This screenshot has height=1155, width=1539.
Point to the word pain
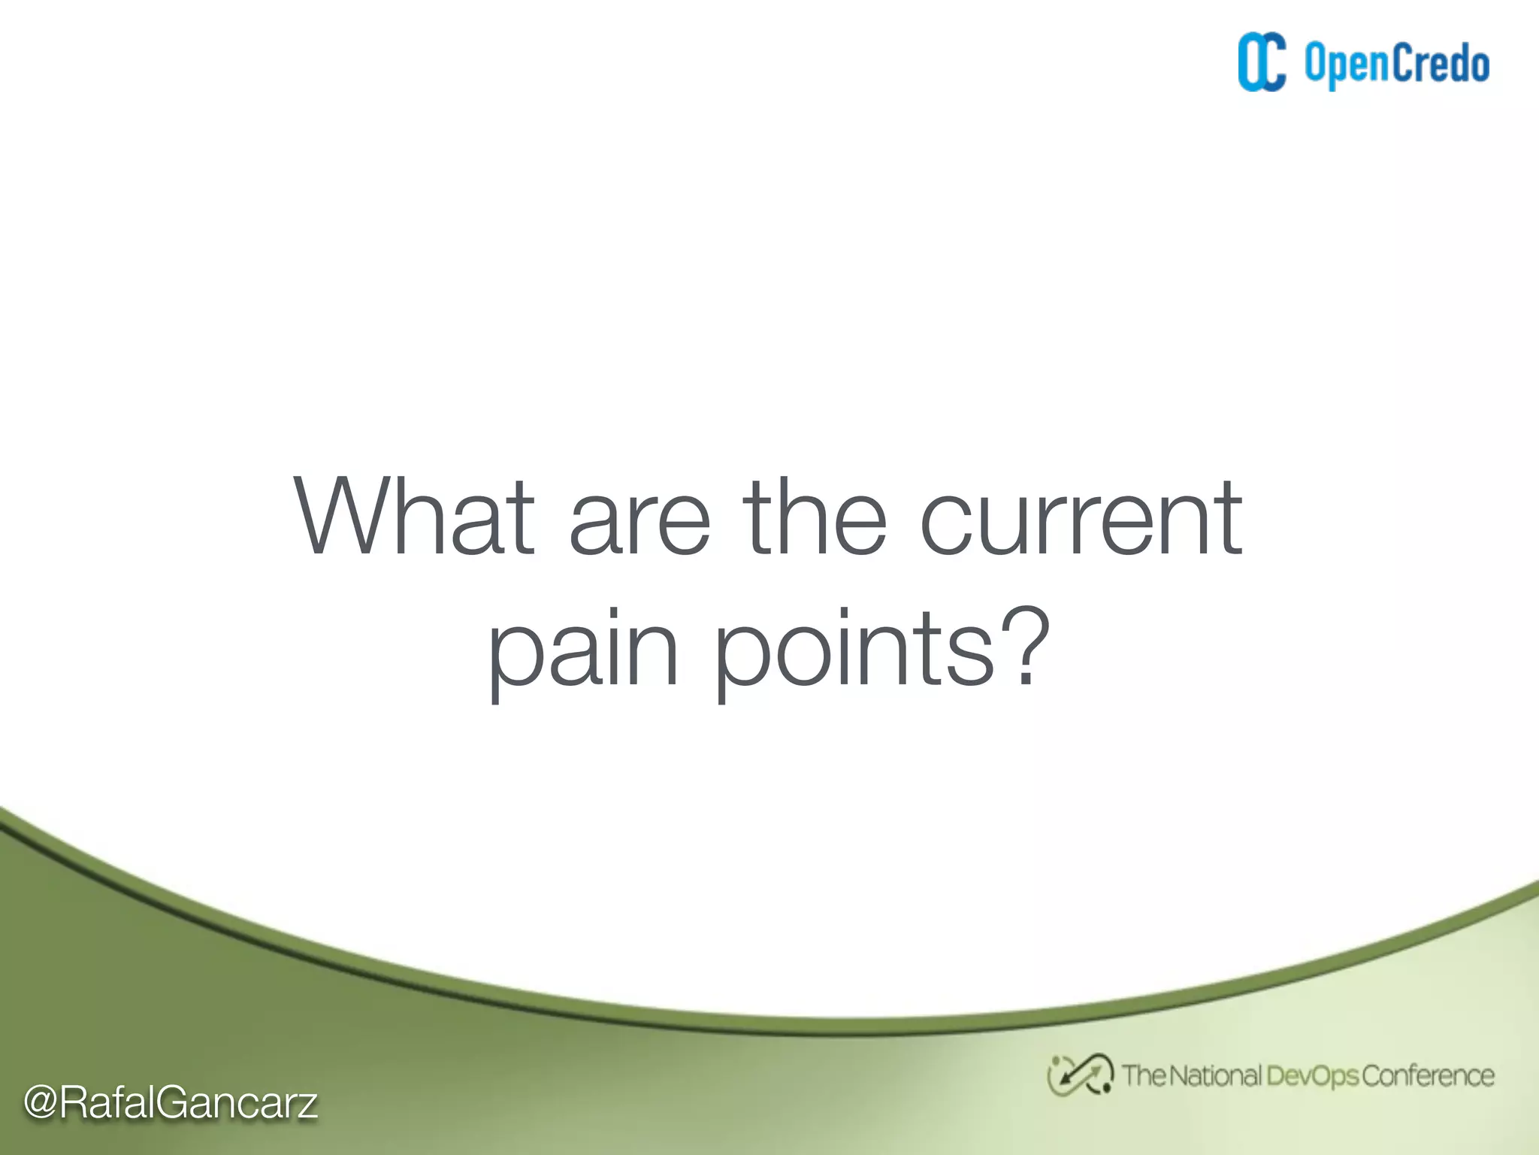583,650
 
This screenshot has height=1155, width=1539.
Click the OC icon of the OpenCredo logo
1262,62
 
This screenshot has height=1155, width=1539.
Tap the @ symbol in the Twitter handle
41,1102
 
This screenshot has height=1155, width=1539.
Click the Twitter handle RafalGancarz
188,1103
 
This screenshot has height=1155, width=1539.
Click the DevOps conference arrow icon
1080,1075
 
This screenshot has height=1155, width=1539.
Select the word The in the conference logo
1142,1075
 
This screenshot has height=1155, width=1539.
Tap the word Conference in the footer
1428,1075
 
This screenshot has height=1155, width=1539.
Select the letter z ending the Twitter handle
305,1105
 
